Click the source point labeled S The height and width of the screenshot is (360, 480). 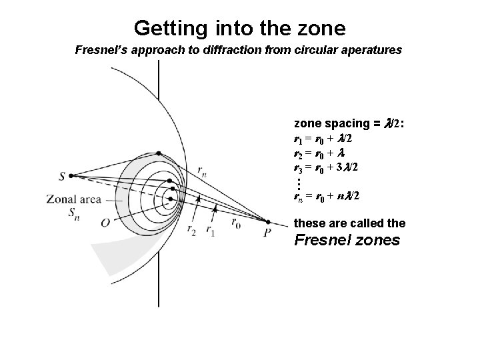pyautogui.click(x=71, y=175)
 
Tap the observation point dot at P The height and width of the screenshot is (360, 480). pyautogui.click(x=268, y=222)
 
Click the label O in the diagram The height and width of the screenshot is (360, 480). pyautogui.click(x=105, y=223)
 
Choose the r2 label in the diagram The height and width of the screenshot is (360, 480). pyautogui.click(x=192, y=230)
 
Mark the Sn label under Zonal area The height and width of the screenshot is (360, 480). pyautogui.click(x=72, y=213)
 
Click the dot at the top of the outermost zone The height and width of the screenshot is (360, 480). pyautogui.click(x=171, y=181)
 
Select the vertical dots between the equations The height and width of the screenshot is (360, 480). pyautogui.click(x=300, y=181)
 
